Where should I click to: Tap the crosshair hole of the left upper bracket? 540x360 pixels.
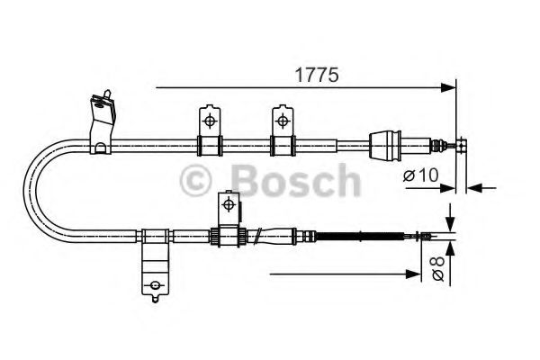[208, 120]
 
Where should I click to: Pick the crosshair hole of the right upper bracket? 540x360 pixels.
[283, 120]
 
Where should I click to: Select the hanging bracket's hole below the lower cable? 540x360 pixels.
[156, 287]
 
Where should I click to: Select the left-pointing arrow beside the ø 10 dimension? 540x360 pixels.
[474, 187]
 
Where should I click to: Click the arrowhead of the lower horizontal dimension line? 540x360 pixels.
[416, 272]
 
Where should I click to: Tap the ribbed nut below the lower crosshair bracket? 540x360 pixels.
[216, 237]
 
